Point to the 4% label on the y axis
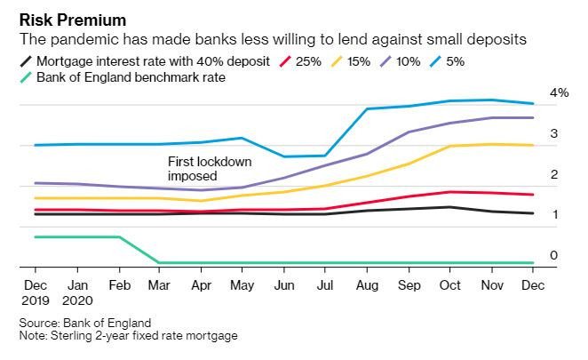[x=559, y=92]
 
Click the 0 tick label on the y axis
[x=553, y=256]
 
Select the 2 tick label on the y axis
[x=553, y=174]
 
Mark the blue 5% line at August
[x=368, y=109]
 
